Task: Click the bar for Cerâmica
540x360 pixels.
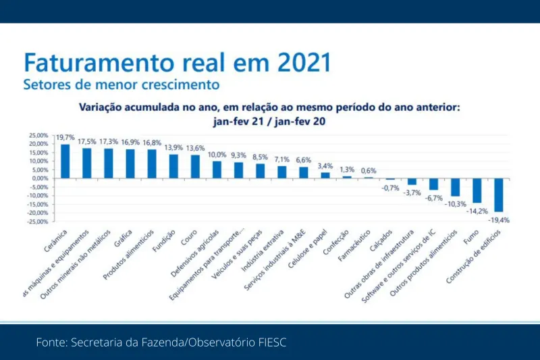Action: click(x=65, y=161)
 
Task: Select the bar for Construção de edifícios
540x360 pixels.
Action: click(x=498, y=195)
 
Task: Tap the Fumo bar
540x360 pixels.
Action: click(x=477, y=190)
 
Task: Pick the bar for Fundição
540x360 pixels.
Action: click(x=173, y=166)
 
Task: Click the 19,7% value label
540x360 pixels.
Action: click(x=65, y=137)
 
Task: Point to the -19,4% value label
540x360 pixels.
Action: click(x=498, y=220)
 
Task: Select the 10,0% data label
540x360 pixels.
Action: click(x=217, y=155)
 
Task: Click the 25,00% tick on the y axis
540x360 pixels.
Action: click(x=38, y=135)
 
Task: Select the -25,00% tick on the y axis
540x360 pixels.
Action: click(x=38, y=222)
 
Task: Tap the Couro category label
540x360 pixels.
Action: click(x=188, y=238)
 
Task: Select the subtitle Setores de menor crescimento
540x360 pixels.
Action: click(x=122, y=85)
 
